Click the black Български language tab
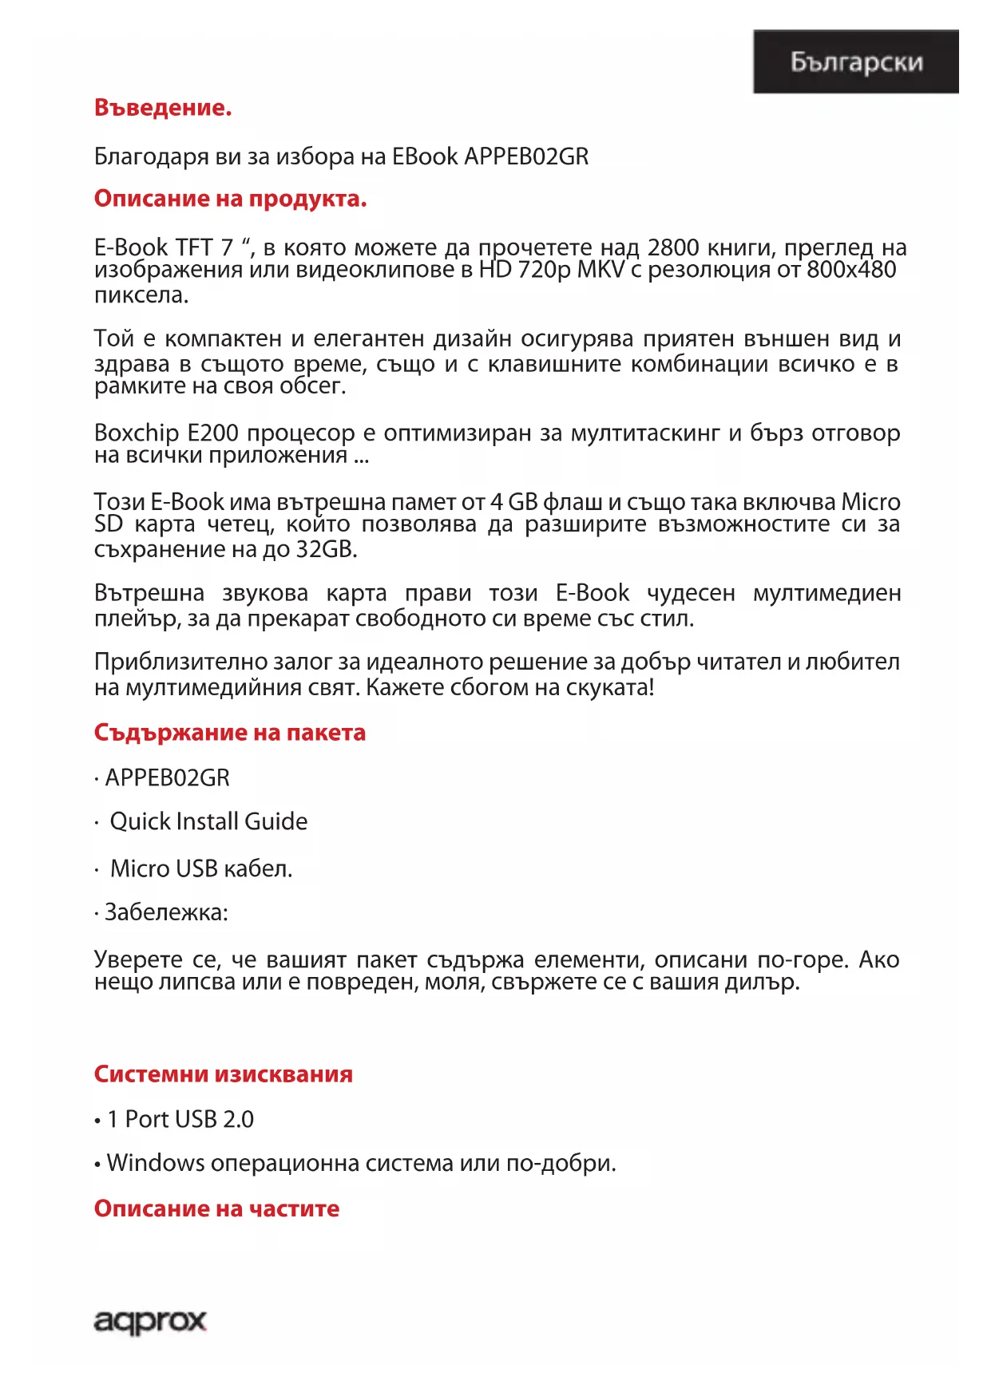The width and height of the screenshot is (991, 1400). coord(855,62)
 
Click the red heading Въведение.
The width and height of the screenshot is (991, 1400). coord(163,108)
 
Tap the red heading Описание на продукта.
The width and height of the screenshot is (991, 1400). coord(230,199)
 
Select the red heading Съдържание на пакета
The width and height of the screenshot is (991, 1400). coord(229,733)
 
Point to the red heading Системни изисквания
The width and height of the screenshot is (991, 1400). coord(223,1074)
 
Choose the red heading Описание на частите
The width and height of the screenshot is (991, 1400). coord(216,1208)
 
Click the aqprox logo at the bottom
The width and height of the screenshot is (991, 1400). coord(150,1322)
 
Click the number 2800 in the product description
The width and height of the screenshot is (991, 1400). coord(672,247)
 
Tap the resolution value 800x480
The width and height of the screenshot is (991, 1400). coord(851,270)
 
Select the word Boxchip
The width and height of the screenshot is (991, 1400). coord(137,433)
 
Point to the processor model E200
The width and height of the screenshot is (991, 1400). coord(212,433)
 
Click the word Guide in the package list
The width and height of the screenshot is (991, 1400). coord(275,821)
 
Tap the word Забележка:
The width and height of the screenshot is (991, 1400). coord(166,912)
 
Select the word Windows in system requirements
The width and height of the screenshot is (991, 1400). coord(156,1163)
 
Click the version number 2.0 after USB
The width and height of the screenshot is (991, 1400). coord(238,1119)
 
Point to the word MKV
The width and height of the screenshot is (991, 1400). coord(601,270)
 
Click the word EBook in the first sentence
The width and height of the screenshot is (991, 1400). coord(425,156)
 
